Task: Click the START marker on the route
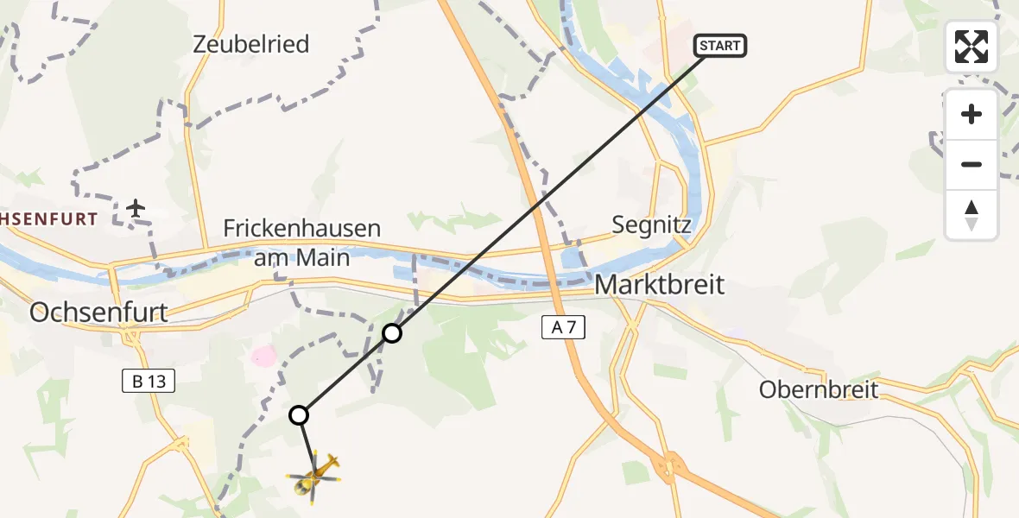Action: [x=719, y=46]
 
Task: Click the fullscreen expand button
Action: [x=972, y=47]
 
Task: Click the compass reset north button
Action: [x=972, y=215]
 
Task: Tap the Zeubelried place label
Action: [x=251, y=45]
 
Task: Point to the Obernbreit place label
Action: [x=819, y=389]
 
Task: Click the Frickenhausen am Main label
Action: [x=302, y=243]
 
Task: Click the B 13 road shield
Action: [x=149, y=382]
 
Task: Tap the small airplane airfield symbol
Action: [x=136, y=208]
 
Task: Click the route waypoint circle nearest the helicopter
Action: [x=299, y=415]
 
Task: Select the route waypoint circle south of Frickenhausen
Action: [x=392, y=332]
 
